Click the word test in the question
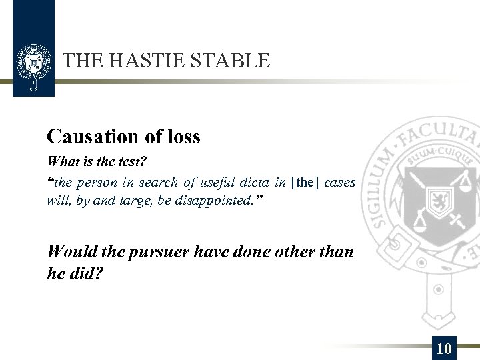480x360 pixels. [130, 162]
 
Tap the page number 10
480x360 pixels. [444, 348]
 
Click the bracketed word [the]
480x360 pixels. [307, 182]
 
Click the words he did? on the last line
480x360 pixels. [75, 273]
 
